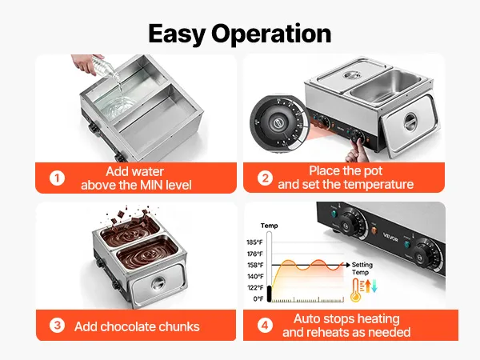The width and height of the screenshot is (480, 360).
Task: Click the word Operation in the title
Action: click(271, 34)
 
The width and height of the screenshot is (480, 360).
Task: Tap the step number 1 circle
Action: click(58, 178)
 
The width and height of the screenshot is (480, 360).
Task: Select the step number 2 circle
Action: click(265, 178)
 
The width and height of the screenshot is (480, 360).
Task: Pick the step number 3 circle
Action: click(58, 326)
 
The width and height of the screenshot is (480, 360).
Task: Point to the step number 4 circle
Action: click(265, 326)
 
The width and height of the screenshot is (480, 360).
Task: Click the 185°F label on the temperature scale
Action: click(254, 242)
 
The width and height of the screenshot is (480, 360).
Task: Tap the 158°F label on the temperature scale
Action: click(255, 265)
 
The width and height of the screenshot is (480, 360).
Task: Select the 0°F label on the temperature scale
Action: click(258, 298)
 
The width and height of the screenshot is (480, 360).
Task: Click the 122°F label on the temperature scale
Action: click(255, 287)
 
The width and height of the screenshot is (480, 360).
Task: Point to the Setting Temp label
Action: click(362, 269)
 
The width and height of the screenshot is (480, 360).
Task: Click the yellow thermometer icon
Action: click(356, 290)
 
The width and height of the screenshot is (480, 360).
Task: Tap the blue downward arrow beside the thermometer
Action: click(374, 286)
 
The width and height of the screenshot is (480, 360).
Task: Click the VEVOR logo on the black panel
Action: click(390, 238)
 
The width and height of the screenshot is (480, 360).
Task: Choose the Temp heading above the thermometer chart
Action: click(269, 226)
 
